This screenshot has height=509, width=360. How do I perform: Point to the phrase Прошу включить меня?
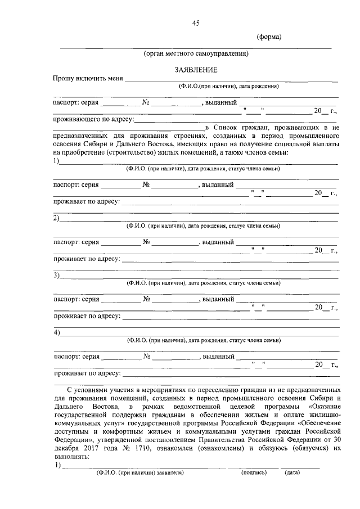88,78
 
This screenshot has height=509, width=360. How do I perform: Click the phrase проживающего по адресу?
93,119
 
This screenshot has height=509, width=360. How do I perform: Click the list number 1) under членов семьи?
57,161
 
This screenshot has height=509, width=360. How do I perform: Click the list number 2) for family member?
57,218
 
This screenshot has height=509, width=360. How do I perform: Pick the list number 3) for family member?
57,275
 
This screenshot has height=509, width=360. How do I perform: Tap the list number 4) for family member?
57,332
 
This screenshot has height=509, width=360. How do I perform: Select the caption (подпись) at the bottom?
254,472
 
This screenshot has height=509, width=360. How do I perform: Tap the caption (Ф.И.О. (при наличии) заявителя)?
140,472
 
